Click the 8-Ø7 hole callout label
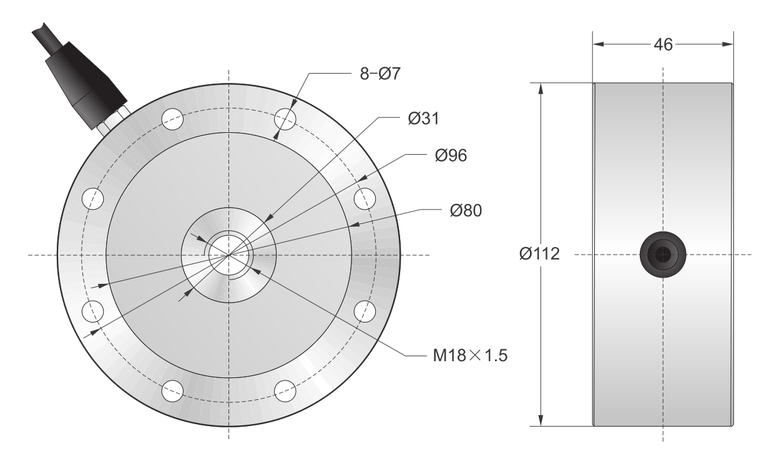(x=380, y=74)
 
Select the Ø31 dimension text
(x=424, y=119)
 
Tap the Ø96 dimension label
(x=451, y=155)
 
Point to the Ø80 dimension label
(x=466, y=210)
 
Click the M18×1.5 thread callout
(x=470, y=356)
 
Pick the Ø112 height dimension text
(x=539, y=253)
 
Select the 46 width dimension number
(x=664, y=45)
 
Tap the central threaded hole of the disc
(x=228, y=255)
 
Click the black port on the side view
(x=663, y=255)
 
